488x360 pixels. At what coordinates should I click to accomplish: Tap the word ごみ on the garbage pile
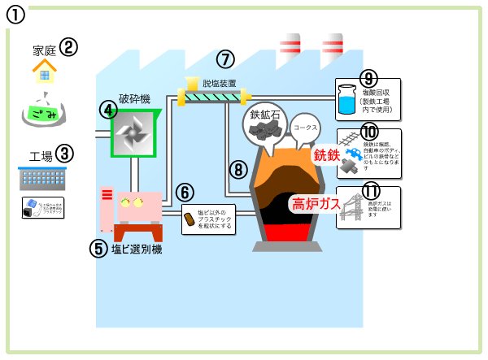pos(44,115)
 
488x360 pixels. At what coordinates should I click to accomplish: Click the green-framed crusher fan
pos(135,131)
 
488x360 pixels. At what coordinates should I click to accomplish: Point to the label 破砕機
pos(134,98)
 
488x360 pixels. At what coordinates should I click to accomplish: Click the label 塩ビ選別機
pos(137,249)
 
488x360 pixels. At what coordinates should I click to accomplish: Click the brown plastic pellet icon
pos(190,219)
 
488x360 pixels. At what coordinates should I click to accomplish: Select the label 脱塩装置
pos(219,83)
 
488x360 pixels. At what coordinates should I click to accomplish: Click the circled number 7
pos(225,59)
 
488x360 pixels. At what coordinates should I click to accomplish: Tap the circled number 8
pos(237,170)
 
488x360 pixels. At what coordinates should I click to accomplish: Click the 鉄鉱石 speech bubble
pos(266,122)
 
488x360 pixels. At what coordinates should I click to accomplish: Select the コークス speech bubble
pos(306,128)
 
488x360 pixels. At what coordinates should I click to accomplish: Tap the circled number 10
pos(369,131)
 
